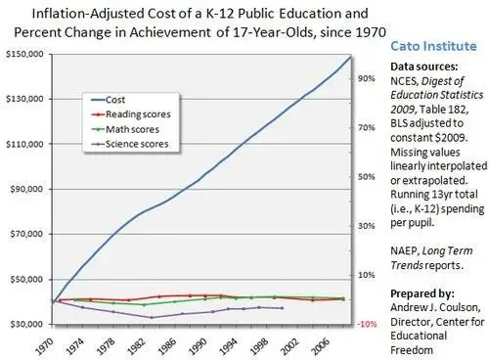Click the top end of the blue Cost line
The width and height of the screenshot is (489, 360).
click(350, 57)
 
